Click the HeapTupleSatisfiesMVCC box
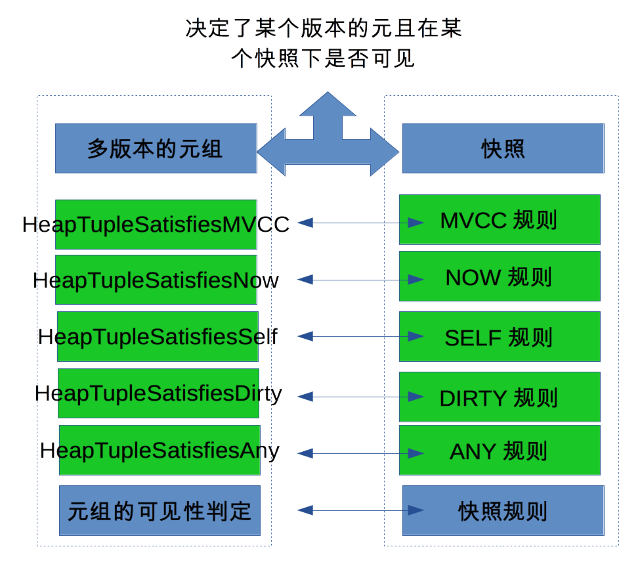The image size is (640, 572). point(156,224)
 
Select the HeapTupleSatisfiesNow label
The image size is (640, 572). point(156,280)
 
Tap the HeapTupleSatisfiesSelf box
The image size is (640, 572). point(158,337)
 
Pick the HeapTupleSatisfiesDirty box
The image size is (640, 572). point(158,393)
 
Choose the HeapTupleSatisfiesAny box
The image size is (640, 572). point(160,451)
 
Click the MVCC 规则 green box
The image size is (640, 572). point(499,220)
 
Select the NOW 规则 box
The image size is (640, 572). point(499,276)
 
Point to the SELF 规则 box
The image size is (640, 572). point(499,337)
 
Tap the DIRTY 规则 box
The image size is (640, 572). point(499,397)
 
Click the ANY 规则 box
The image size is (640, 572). point(499,451)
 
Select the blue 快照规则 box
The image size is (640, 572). point(503,511)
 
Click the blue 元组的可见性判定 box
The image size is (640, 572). point(160,511)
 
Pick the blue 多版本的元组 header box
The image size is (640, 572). point(156,148)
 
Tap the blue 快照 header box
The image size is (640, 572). point(503,148)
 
